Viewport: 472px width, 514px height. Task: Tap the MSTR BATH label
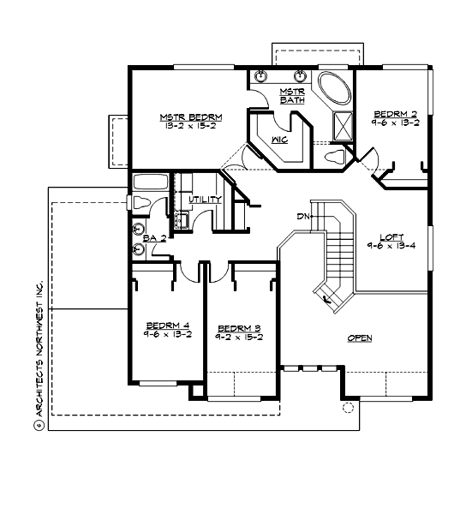click(x=292, y=96)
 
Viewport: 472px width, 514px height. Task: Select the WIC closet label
click(x=278, y=137)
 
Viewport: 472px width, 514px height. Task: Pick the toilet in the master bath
click(x=336, y=157)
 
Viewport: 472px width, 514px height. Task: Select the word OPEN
click(x=359, y=338)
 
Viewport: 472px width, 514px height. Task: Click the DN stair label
click(x=302, y=216)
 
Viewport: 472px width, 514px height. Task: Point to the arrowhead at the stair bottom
click(x=328, y=300)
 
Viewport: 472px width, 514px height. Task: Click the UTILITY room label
click(x=206, y=200)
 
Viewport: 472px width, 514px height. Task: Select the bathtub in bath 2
click(x=151, y=182)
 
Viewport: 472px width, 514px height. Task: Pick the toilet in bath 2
click(x=140, y=203)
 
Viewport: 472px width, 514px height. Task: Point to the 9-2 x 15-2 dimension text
click(x=239, y=338)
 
